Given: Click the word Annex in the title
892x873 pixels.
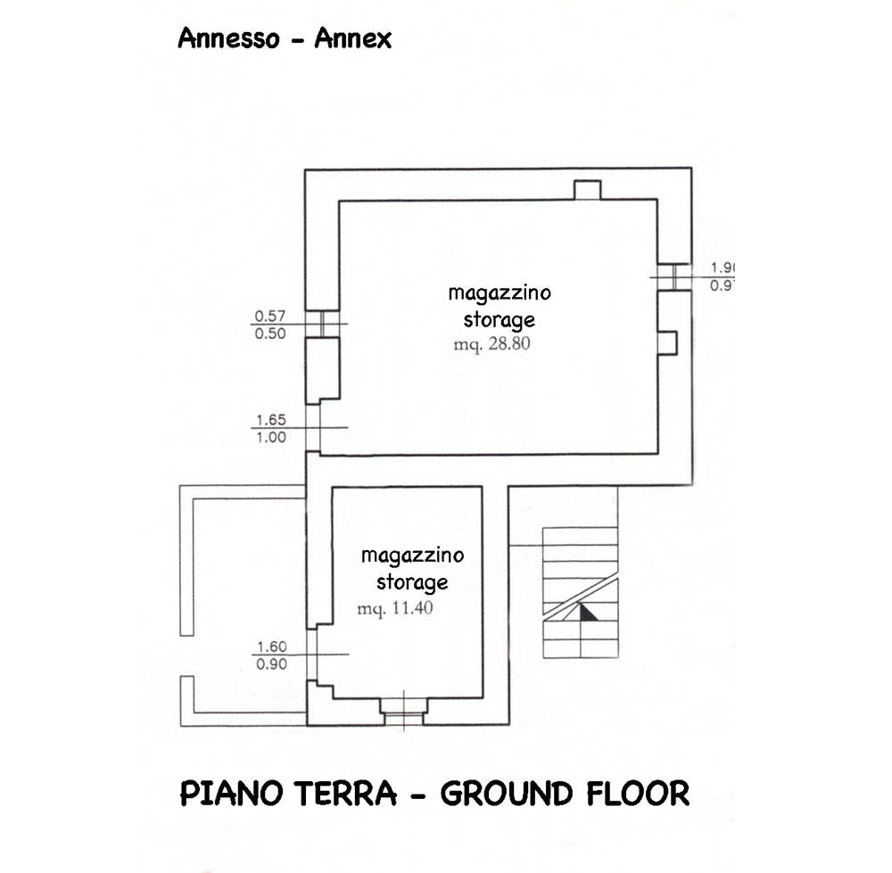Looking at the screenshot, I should click(x=353, y=38).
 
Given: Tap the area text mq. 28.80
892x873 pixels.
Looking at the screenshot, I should click(x=490, y=342).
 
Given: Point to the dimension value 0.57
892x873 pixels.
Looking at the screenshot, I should click(x=270, y=316).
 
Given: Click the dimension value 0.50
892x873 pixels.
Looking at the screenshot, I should click(x=270, y=334).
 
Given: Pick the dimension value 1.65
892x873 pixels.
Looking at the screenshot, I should click(x=270, y=419).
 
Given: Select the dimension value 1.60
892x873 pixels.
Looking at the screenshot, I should click(x=270, y=647).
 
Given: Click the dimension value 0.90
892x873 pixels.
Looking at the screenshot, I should click(x=270, y=664).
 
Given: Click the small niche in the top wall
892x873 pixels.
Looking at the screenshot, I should click(x=587, y=190).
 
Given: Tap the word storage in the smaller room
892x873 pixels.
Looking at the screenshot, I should click(x=411, y=582).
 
